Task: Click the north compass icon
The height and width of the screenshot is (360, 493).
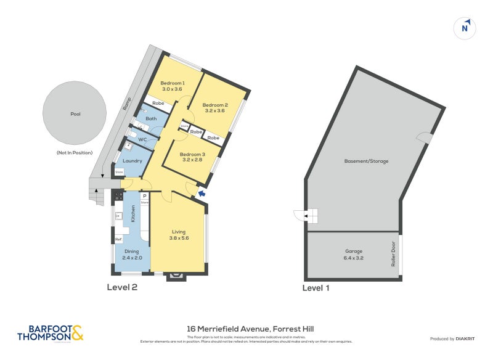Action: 465,28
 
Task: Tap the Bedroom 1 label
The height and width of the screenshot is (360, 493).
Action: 173,83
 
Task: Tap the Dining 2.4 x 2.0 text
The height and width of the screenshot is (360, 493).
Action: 132,258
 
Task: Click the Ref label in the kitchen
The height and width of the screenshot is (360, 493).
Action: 118,239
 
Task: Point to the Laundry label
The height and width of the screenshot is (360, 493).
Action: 132,161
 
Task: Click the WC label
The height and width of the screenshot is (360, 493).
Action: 142,140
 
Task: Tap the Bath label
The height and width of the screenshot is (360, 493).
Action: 151,119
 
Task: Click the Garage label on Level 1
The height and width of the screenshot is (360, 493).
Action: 354,251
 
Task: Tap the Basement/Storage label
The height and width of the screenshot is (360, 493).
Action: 366,161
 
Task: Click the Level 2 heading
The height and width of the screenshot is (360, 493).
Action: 122,287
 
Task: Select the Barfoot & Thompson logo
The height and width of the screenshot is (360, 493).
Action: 49,333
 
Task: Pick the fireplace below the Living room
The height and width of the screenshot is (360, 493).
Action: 176,276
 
